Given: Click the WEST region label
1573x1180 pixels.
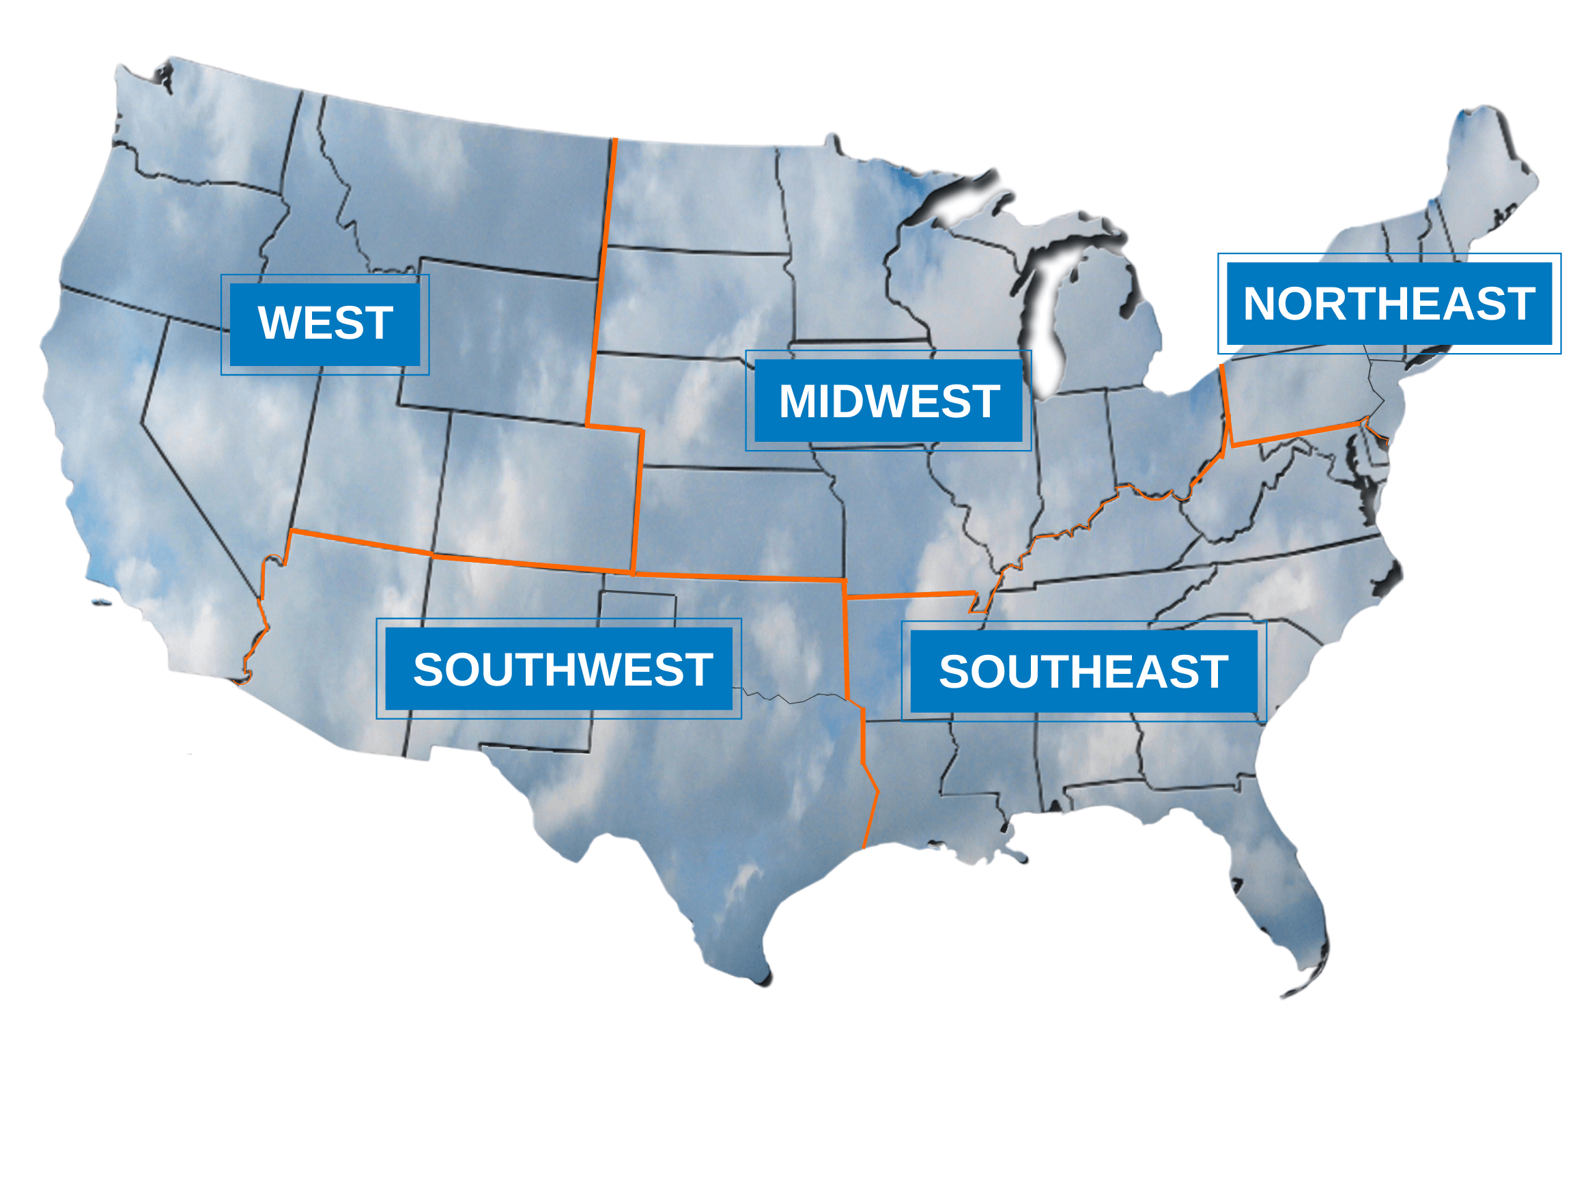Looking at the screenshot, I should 325,324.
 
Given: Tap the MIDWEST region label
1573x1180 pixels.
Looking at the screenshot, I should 888,401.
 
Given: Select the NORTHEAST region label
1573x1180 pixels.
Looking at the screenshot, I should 1389,304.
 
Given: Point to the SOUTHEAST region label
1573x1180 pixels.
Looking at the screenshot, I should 1083,671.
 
